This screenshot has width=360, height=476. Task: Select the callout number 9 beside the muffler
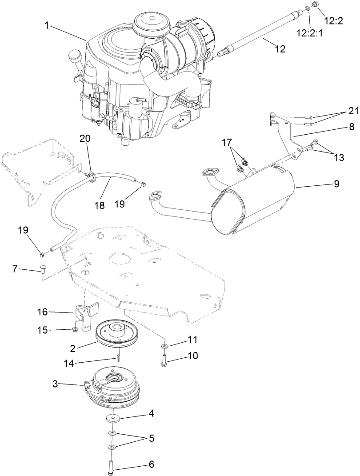pyautogui.click(x=336, y=183)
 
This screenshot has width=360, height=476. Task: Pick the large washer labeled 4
pyautogui.click(x=114, y=418)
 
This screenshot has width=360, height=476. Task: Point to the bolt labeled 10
pyautogui.click(x=164, y=358)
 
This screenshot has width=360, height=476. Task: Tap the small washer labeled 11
pyautogui.click(x=164, y=345)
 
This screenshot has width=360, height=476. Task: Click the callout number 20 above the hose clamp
pyautogui.click(x=85, y=139)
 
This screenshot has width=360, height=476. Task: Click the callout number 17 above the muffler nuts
pyautogui.click(x=227, y=143)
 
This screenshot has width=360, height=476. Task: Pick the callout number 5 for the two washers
pyautogui.click(x=152, y=438)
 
